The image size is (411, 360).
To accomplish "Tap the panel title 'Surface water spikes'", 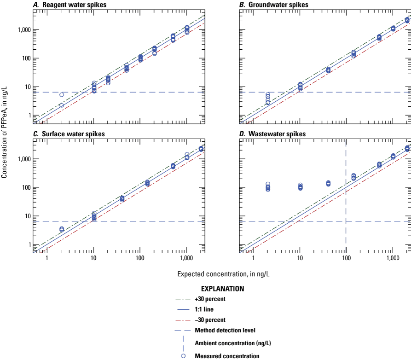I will click(69, 134).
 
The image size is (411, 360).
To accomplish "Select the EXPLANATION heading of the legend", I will click(222, 289).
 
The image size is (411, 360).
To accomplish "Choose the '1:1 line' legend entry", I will click(205, 309).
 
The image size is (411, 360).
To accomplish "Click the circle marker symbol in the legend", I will click(183, 355).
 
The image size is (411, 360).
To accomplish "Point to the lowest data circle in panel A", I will click(61, 105).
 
